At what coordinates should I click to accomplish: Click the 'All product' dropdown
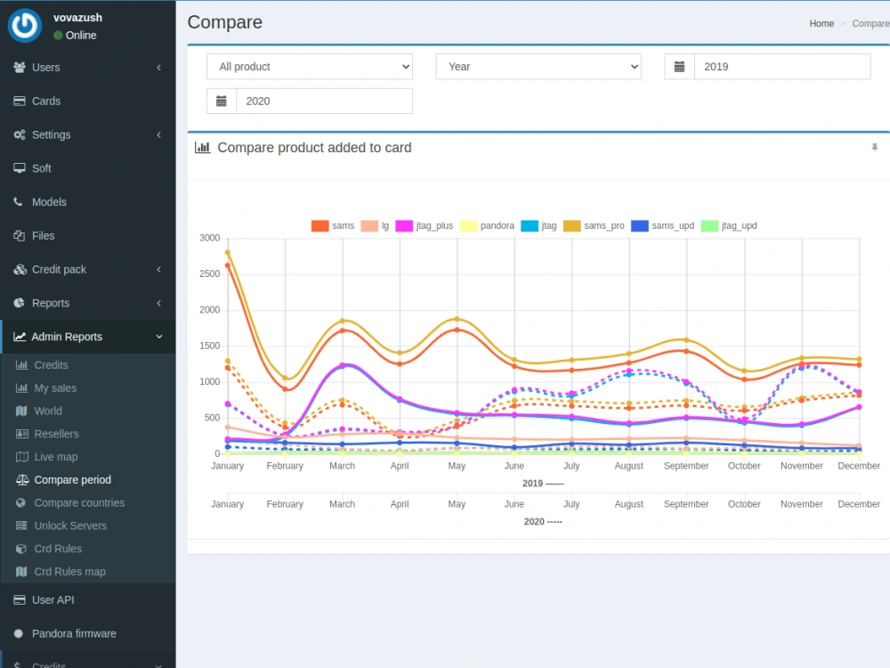[310, 67]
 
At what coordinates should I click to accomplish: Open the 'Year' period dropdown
[538, 67]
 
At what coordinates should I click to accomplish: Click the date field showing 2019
[782, 67]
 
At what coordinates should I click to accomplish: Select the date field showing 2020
[324, 102]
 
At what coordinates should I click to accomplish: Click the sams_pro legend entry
[594, 225]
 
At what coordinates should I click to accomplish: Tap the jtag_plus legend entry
[425, 225]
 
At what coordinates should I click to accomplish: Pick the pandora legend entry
[487, 225]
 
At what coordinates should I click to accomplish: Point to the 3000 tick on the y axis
[209, 238]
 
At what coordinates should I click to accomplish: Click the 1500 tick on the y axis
[209, 346]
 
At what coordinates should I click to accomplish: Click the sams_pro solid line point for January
[228, 252]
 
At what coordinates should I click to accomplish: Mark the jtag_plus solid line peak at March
[343, 365]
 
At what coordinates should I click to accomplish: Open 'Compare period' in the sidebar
[73, 480]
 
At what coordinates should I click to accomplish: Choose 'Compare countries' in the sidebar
[79, 502]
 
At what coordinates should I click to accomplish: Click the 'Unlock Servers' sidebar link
[70, 526]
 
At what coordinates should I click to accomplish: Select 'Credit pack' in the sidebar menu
[59, 269]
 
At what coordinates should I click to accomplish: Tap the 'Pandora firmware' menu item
[74, 633]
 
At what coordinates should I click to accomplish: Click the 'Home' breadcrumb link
[821, 23]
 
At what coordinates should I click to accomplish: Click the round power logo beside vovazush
[24, 26]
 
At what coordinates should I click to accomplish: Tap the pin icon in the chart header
[875, 148]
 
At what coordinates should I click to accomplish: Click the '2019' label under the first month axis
[532, 484]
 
